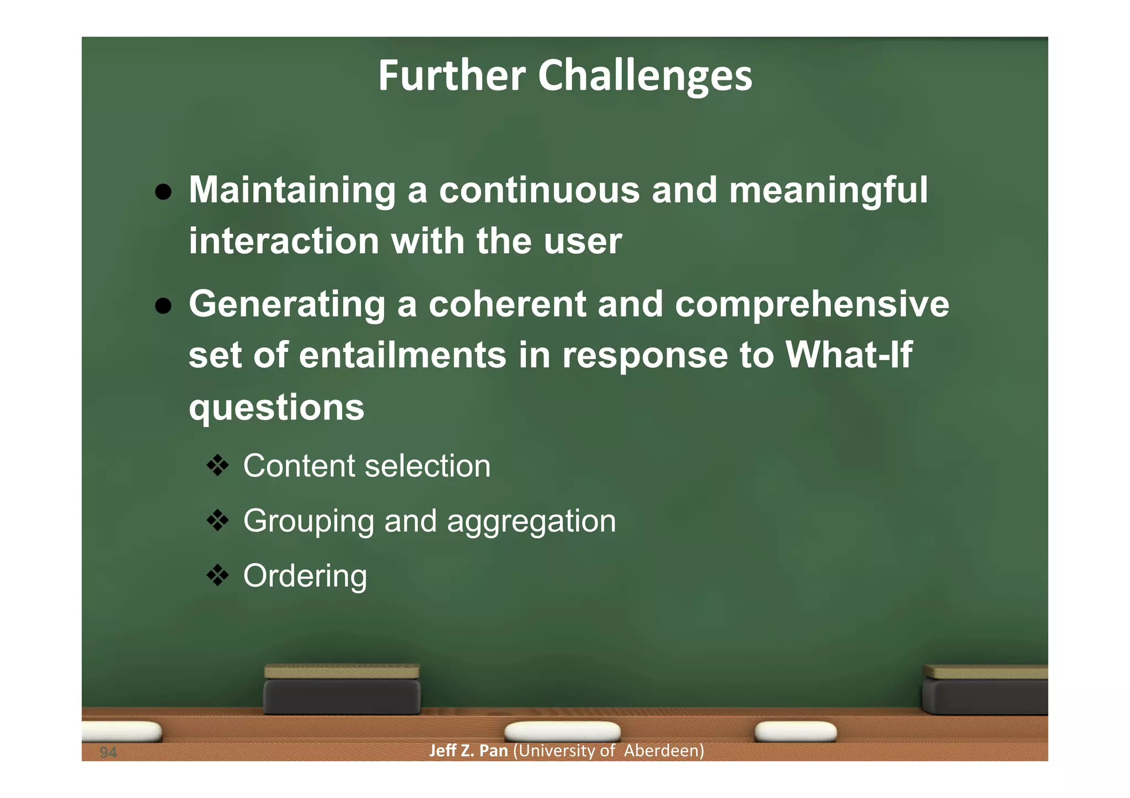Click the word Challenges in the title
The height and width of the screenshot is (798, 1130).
point(644,76)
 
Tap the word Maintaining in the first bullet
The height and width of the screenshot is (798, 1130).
point(292,191)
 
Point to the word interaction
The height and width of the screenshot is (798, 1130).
point(284,242)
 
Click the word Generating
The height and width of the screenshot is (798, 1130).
point(287,304)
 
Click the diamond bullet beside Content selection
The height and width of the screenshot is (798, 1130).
point(217,465)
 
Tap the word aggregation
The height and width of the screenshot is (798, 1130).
point(531,521)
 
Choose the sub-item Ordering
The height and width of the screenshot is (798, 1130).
point(305,576)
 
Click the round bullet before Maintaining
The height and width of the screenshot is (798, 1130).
point(163,192)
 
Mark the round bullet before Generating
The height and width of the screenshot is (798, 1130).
point(163,306)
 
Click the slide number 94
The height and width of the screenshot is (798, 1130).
point(108,752)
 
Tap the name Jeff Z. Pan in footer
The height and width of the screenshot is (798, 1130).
point(468,751)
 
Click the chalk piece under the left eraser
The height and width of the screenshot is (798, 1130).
point(562,731)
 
